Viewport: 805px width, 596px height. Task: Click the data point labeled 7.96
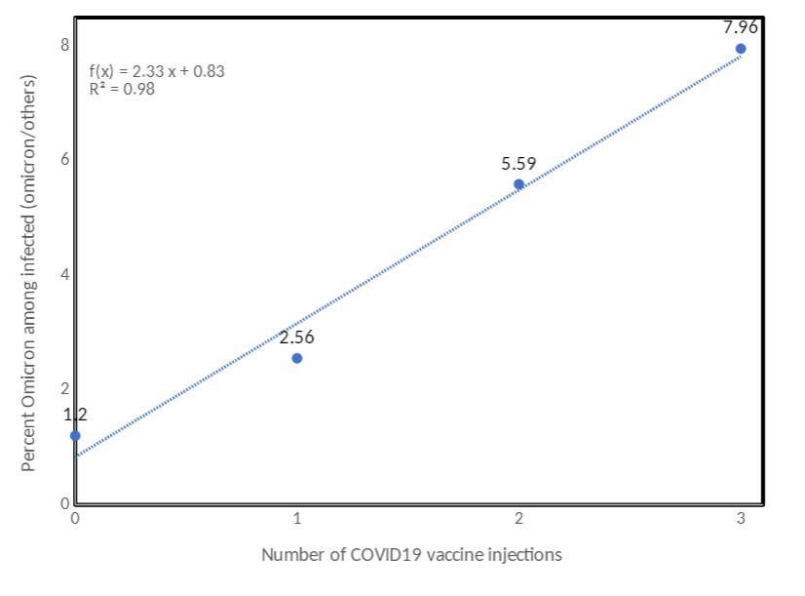coord(741,49)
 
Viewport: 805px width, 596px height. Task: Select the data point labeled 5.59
coord(518,184)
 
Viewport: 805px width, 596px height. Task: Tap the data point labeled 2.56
coord(297,358)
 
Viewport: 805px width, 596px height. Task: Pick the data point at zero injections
coord(75,435)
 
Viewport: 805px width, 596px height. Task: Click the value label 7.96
coord(741,27)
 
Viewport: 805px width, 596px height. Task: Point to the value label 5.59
coord(518,164)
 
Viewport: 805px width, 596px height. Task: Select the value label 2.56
coord(297,338)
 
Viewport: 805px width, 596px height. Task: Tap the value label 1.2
coord(75,415)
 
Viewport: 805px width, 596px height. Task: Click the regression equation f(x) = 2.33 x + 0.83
coord(158,71)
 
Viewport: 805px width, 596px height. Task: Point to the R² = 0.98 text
coord(122,88)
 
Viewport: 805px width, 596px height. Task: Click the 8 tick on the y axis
coord(65,45)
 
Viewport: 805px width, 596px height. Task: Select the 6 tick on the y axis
coord(65,159)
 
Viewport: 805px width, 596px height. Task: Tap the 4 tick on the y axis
coord(65,274)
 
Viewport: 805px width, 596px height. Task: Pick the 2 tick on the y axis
coord(65,388)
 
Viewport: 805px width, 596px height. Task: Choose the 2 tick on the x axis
coord(518,519)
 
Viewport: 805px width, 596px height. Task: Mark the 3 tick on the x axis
coord(741,519)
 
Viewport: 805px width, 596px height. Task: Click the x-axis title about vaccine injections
coord(411,555)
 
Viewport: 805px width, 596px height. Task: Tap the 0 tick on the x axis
coord(75,519)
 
